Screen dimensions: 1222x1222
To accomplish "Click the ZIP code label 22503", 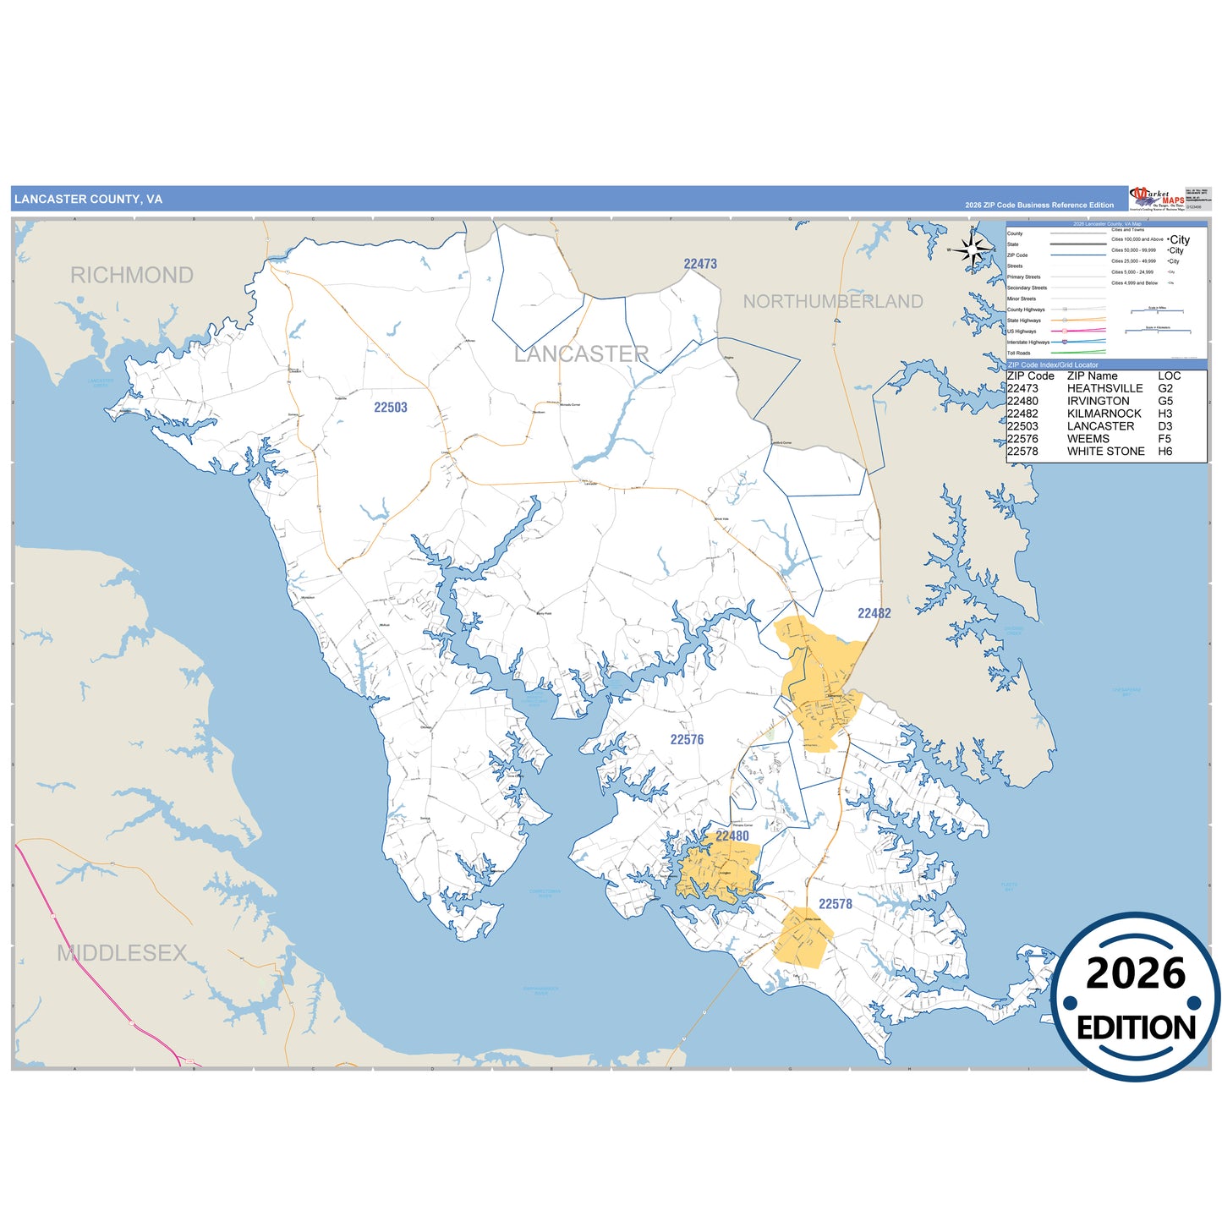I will [x=391, y=408].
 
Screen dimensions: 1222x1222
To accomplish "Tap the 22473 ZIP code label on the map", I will [x=700, y=264].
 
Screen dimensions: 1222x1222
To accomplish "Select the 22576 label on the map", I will [x=687, y=740].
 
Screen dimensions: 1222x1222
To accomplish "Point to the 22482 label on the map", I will [x=874, y=614].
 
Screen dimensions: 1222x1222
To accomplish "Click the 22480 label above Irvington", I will [x=732, y=836].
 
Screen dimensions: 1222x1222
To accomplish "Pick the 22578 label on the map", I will [x=835, y=905].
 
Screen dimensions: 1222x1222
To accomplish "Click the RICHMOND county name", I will [x=132, y=276].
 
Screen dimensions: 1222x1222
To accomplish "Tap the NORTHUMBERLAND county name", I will [x=832, y=302].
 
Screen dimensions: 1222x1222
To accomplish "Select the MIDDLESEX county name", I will [x=122, y=954].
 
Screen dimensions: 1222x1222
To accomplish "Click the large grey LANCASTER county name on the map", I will [x=582, y=354].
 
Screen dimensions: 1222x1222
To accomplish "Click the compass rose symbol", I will [x=974, y=249].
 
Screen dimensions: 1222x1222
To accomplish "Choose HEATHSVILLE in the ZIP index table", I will [x=1104, y=389].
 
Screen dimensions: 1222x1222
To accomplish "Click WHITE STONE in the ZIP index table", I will [x=1105, y=452].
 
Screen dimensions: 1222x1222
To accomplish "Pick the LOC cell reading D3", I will [x=1165, y=426].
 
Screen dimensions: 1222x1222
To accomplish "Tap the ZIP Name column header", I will [x=1092, y=376].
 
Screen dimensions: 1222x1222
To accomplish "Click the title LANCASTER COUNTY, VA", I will [x=88, y=200].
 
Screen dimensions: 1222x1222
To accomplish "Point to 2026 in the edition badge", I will [x=1135, y=974].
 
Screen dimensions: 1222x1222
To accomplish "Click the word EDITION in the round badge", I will [x=1136, y=1028].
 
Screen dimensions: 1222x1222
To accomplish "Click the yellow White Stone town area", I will [x=803, y=937].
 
